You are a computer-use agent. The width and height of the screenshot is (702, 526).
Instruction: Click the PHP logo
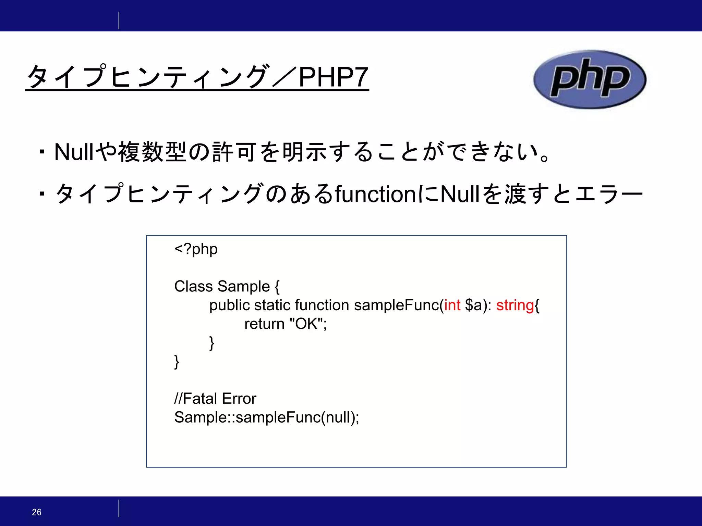click(590, 79)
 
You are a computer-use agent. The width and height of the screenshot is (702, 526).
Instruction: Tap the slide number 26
click(37, 512)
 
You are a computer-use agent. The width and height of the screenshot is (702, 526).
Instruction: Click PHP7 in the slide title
click(333, 77)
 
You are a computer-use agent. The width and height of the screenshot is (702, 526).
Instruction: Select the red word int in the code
click(452, 305)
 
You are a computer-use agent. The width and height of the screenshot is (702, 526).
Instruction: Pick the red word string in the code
click(515, 305)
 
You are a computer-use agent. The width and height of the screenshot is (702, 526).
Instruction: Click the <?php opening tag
click(196, 249)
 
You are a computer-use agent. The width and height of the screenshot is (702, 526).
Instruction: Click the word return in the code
click(264, 324)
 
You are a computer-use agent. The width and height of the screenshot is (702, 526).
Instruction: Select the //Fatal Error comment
click(215, 399)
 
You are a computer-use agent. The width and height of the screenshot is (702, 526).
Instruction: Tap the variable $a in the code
click(473, 305)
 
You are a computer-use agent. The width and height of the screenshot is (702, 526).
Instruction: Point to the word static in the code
click(272, 305)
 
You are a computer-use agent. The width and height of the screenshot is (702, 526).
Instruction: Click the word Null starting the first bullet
click(74, 152)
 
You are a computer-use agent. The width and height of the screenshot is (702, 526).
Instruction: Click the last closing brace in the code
click(177, 362)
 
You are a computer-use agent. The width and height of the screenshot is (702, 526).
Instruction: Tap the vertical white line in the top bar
click(119, 20)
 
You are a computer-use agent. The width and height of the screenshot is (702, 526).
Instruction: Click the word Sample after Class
click(244, 286)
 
